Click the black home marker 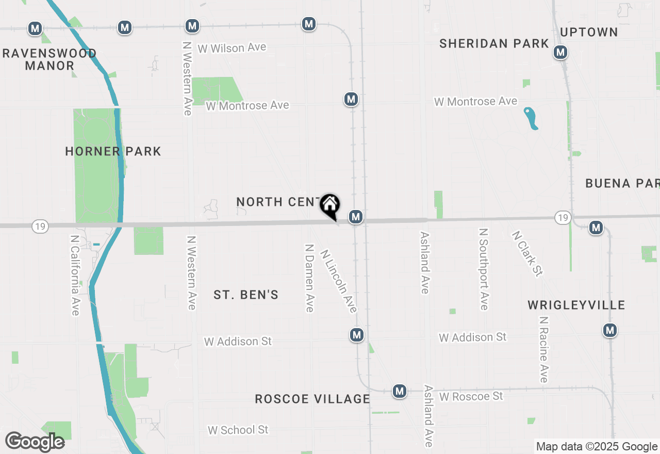pyautogui.click(x=330, y=206)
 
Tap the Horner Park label pyautogui.click(x=113, y=151)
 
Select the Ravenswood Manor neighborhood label pyautogui.click(x=49, y=59)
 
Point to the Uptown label pyautogui.click(x=589, y=32)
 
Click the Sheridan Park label pyautogui.click(x=494, y=44)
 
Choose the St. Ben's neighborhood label pyautogui.click(x=246, y=295)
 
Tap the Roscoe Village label pyautogui.click(x=312, y=399)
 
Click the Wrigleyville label pyautogui.click(x=576, y=305)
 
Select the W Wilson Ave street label pyautogui.click(x=232, y=48)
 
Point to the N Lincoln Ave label pyautogui.click(x=339, y=281)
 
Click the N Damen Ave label pyautogui.click(x=309, y=278)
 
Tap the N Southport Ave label pyautogui.click(x=484, y=270)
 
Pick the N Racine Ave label pyautogui.click(x=543, y=349)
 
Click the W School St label pyautogui.click(x=238, y=430)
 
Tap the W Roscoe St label pyautogui.click(x=471, y=396)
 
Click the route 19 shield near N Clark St pyautogui.click(x=563, y=218)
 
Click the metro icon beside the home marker pyautogui.click(x=355, y=217)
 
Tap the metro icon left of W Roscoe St pyautogui.click(x=399, y=392)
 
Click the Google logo pyautogui.click(x=35, y=442)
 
